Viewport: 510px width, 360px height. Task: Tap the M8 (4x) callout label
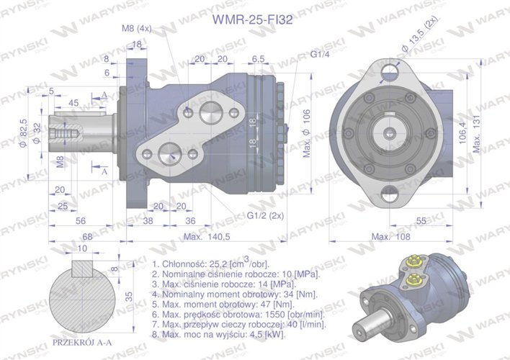point(136,29)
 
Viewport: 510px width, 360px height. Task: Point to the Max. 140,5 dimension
point(206,237)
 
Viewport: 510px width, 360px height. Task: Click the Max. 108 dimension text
point(393,237)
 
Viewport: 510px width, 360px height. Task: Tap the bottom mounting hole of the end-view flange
point(390,192)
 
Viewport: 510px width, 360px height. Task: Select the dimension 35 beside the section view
point(127,295)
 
